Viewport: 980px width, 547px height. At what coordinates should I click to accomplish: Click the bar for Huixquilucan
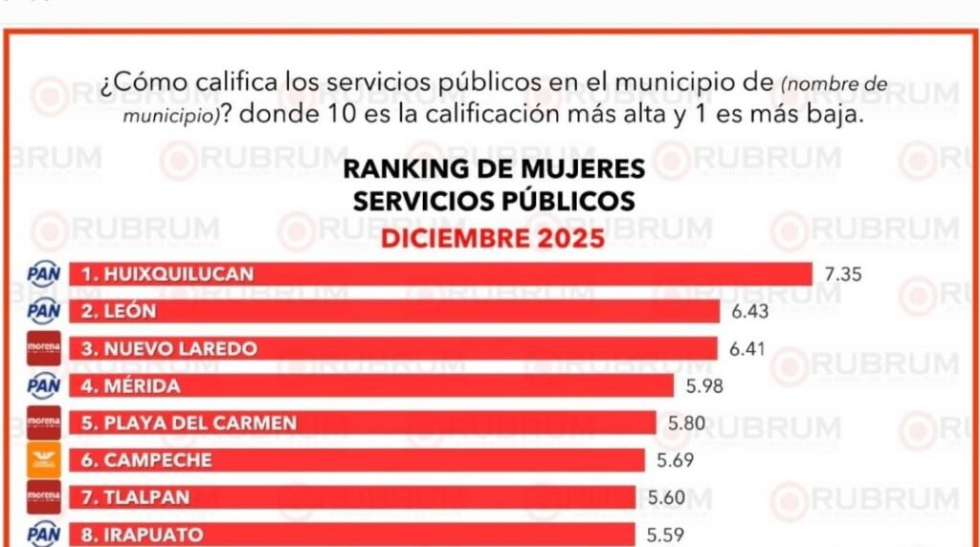(440, 274)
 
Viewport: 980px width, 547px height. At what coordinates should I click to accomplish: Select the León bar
(393, 311)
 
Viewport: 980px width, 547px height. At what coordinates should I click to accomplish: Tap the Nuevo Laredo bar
(392, 349)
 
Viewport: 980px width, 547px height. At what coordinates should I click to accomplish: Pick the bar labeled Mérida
(370, 386)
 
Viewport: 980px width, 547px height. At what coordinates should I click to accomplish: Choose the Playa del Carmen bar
(362, 423)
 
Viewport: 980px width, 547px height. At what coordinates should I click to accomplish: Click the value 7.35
(843, 274)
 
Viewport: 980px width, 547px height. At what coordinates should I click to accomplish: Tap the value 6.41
(748, 349)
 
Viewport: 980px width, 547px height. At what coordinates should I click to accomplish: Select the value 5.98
(703, 386)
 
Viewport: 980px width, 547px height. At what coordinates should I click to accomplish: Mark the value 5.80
(686, 423)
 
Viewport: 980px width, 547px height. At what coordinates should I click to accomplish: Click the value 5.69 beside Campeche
(676, 460)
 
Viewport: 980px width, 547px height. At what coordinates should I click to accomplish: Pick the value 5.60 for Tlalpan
(667, 497)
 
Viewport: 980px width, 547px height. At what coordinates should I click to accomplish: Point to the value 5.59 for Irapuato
(666, 535)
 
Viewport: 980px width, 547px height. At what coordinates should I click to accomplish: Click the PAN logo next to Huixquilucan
(44, 274)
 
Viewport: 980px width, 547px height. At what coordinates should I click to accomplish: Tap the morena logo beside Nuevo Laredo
(44, 349)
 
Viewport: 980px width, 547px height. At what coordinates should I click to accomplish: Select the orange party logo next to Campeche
(44, 460)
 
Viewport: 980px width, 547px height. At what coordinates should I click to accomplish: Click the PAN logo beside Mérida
(44, 386)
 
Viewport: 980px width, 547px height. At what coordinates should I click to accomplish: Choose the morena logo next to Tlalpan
(44, 497)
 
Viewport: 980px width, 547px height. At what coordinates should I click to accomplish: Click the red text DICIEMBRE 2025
(493, 237)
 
